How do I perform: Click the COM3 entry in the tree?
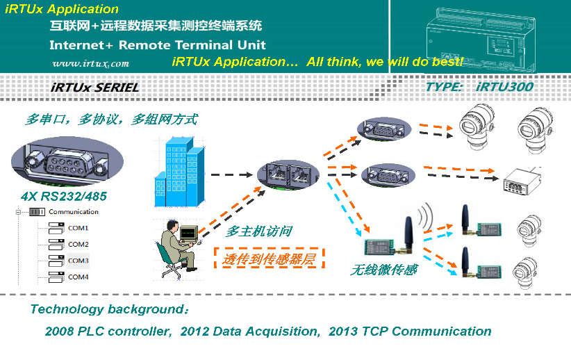pyautogui.click(x=78, y=261)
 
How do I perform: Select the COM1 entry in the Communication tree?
pyautogui.click(x=78, y=228)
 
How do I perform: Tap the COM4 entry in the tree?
pyautogui.click(x=78, y=277)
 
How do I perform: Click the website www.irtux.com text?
pyautogui.click(x=90, y=63)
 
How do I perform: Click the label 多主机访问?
pyautogui.click(x=258, y=231)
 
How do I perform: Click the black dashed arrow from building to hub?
pyautogui.click(x=230, y=177)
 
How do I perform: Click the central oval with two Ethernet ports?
pyautogui.click(x=287, y=174)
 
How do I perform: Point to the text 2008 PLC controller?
pyautogui.click(x=108, y=331)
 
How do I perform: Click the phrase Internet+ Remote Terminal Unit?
pyautogui.click(x=157, y=45)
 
